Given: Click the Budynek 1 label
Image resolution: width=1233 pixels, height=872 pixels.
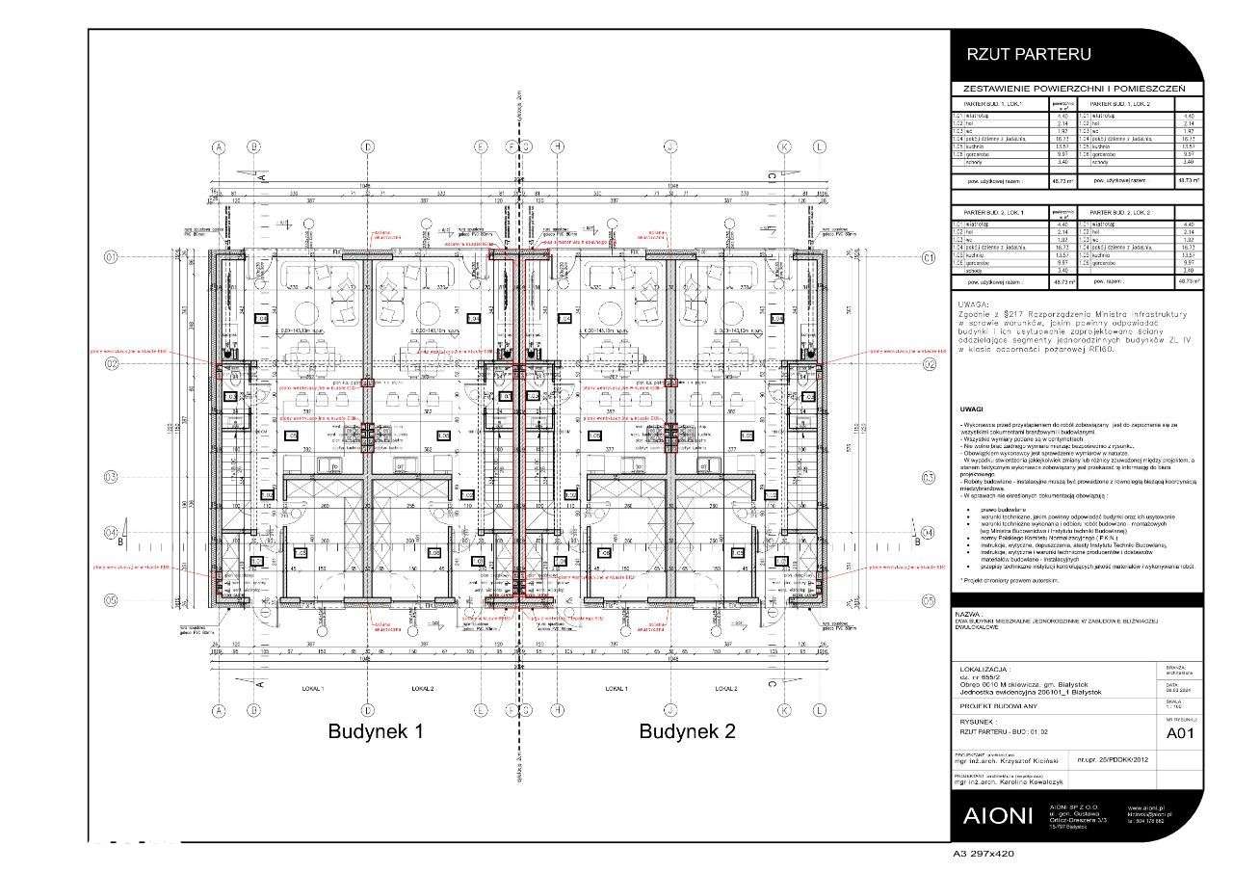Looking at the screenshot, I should click(x=377, y=731).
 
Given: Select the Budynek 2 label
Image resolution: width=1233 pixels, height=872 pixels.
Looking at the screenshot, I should click(x=687, y=731).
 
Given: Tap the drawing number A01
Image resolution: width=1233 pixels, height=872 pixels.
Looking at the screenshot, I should click(x=1181, y=733).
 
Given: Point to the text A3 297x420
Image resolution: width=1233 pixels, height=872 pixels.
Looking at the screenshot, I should click(x=983, y=854).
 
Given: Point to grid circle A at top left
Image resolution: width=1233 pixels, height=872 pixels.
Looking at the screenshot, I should click(x=219, y=146).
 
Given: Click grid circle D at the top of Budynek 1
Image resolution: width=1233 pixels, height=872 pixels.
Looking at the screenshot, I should click(x=367, y=146).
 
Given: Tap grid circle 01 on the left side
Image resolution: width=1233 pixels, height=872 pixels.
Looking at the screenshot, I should click(x=112, y=257).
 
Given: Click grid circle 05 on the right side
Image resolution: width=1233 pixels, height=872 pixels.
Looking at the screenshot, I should click(x=928, y=599).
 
